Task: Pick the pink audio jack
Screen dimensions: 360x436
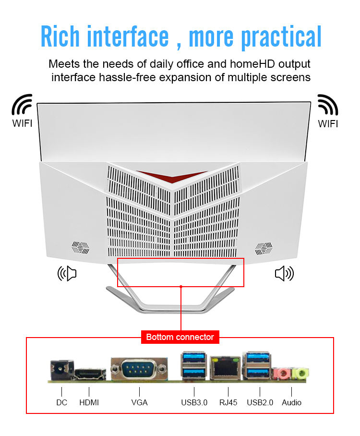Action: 281,373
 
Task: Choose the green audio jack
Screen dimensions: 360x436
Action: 300,373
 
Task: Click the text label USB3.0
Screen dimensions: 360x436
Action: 194,402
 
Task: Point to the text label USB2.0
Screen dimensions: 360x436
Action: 260,402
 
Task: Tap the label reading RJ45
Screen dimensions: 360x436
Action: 228,402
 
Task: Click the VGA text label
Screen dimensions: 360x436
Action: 139,402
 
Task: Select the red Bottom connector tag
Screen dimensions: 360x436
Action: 180,337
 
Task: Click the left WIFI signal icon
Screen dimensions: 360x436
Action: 22,105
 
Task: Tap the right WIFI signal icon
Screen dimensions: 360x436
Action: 328,105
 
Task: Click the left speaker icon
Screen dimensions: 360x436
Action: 67,274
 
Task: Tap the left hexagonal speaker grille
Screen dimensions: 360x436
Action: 81,247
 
